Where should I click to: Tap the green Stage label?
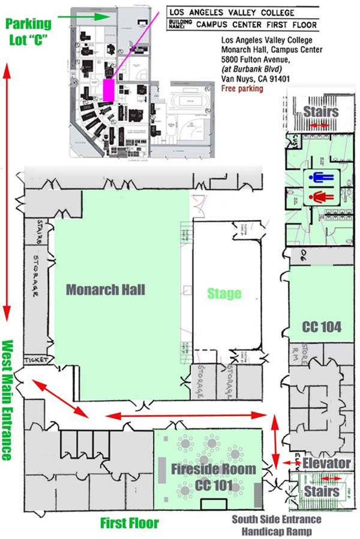coord(224,293)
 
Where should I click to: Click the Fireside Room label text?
coord(214,469)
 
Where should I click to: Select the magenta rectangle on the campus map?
coord(109,91)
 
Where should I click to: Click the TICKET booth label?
coord(35,360)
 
